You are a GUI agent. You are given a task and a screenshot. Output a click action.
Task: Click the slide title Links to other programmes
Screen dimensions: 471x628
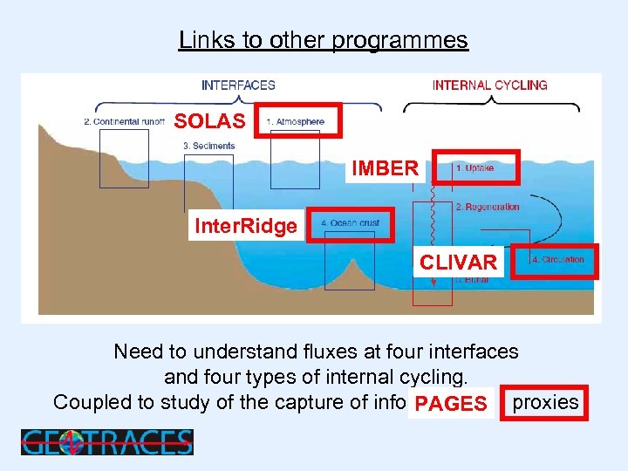pos(323,40)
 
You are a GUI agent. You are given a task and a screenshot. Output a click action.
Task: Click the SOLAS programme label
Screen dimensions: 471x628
pos(209,121)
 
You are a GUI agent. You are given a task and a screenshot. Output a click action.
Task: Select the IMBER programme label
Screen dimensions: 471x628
pos(385,168)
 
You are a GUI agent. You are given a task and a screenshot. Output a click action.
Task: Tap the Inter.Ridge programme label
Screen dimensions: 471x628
pos(246,227)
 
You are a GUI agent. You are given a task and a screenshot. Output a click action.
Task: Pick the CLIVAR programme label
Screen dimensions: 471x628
pos(458,263)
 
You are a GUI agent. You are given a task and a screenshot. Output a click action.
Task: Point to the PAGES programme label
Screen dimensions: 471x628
pos(451,404)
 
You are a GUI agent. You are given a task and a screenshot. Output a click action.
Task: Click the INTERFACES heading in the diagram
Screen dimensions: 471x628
pos(238,85)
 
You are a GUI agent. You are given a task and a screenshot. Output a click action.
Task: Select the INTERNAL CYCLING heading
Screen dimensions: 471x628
pos(489,85)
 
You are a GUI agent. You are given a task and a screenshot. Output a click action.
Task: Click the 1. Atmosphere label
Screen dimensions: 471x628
pos(296,122)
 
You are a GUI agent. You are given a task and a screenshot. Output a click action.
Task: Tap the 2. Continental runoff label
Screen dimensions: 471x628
pos(124,122)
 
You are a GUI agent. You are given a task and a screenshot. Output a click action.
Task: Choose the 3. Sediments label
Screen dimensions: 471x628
pos(208,146)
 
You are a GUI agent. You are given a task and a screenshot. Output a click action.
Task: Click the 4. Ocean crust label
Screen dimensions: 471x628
pos(350,224)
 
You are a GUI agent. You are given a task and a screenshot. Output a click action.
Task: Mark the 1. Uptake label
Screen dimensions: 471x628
pos(474,167)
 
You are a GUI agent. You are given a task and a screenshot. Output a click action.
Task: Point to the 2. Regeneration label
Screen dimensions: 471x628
pos(488,207)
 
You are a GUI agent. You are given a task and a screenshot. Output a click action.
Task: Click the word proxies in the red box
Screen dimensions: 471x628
pos(545,402)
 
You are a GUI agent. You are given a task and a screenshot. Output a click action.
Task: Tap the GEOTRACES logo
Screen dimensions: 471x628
pos(106,442)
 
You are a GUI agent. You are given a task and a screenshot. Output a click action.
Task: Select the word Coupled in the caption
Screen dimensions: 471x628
pos(88,402)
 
